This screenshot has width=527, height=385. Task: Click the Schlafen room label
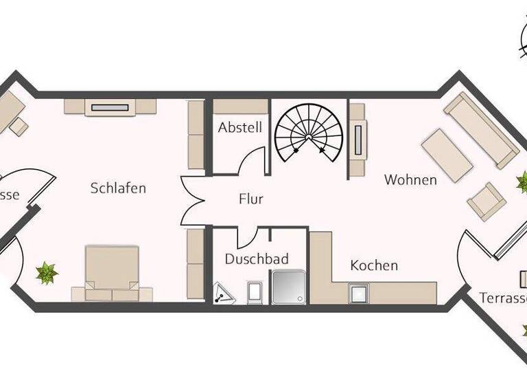(118, 188)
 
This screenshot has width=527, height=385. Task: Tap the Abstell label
(240, 128)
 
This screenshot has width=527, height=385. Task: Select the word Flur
(251, 199)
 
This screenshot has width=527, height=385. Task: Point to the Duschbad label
(257, 259)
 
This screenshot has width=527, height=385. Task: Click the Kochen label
(374, 265)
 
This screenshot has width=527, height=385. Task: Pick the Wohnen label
(410, 180)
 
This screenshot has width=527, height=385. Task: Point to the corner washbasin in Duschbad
(223, 294)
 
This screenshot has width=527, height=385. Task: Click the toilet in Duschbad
(254, 292)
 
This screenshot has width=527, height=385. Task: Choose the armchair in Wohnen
(487, 201)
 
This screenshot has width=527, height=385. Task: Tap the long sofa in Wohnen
(480, 130)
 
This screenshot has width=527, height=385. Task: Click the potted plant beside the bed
(47, 273)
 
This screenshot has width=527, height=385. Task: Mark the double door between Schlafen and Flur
(192, 200)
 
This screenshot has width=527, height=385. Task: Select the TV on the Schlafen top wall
(110, 107)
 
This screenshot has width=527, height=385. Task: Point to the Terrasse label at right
(503, 298)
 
